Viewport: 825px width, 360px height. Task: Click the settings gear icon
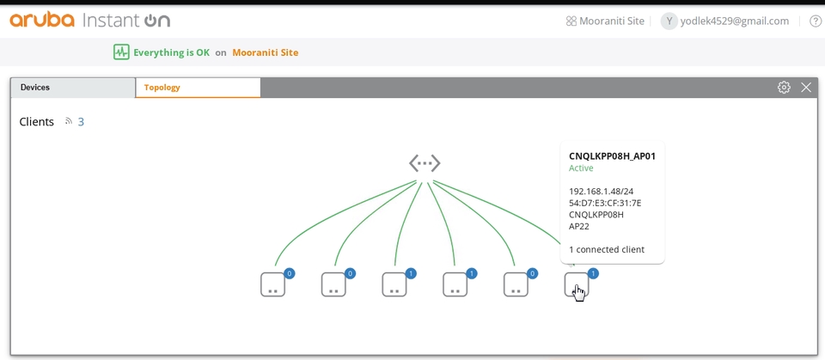(784, 88)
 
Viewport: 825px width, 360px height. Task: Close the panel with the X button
(806, 88)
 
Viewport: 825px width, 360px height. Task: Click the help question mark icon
(816, 21)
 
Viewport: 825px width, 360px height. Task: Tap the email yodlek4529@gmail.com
(734, 21)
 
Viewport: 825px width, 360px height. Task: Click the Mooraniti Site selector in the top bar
(605, 21)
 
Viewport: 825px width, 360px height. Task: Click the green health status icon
(121, 52)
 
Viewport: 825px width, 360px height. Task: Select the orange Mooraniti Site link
(266, 52)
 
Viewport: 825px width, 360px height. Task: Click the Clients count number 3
(81, 122)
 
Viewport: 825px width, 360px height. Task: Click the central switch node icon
(425, 162)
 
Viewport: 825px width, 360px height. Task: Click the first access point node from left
(272, 284)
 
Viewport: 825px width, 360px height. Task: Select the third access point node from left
(394, 284)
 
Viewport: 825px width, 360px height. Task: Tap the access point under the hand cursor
(576, 284)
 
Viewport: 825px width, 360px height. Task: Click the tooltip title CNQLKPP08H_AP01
(612, 156)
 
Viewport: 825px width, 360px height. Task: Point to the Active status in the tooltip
(582, 168)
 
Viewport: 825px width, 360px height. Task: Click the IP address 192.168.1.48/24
(601, 192)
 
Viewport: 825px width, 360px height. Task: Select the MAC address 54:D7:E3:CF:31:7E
(605, 204)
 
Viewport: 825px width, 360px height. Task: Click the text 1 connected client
(607, 250)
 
